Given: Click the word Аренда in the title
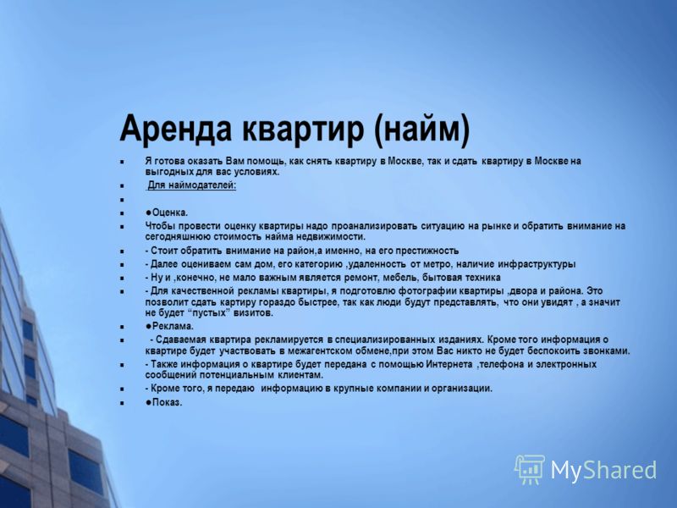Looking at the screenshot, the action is click(176, 129).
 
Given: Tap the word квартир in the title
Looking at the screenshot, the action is click(302, 130).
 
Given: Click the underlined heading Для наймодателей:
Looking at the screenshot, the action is click(192, 185).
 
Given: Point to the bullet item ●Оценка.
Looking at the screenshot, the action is click(167, 213).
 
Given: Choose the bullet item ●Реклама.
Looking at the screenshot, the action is click(169, 326).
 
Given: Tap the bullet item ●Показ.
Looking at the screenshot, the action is click(163, 402).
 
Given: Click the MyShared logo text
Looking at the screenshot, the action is click(603, 470).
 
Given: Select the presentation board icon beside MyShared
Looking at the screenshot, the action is click(530, 469).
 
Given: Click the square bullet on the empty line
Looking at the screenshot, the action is click(122, 200).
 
